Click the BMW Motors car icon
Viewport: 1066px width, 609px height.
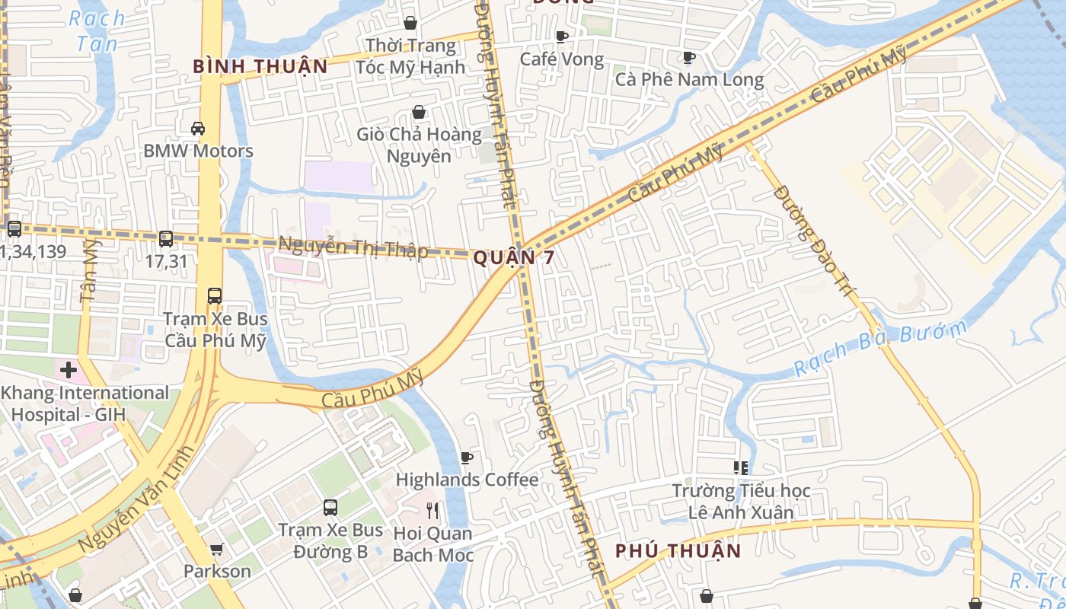coord(198,129)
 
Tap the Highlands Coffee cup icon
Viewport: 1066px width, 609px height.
coord(467,458)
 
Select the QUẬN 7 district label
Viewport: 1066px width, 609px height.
coord(514,258)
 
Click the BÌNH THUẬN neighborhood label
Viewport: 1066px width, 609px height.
coord(260,67)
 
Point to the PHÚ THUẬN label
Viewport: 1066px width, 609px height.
coord(678,550)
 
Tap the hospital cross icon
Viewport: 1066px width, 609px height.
coord(69,371)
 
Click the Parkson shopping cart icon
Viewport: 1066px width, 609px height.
coord(217,549)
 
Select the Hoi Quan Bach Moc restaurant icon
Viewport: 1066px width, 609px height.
coord(433,510)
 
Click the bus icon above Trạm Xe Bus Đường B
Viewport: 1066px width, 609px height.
coord(330,507)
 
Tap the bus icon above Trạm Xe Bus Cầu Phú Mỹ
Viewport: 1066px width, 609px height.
coord(215,296)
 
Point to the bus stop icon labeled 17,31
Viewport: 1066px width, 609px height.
coord(166,238)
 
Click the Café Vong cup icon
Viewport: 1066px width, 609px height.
coord(562,37)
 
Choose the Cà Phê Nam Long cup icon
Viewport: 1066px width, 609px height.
coord(689,57)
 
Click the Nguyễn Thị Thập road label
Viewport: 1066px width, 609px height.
coord(353,248)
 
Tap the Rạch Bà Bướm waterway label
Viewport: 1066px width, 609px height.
coord(879,349)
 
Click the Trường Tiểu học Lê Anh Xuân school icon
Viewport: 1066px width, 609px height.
coord(740,467)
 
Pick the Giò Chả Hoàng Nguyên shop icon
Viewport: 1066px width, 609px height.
coord(419,113)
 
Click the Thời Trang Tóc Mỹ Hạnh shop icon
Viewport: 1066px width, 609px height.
coord(410,24)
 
